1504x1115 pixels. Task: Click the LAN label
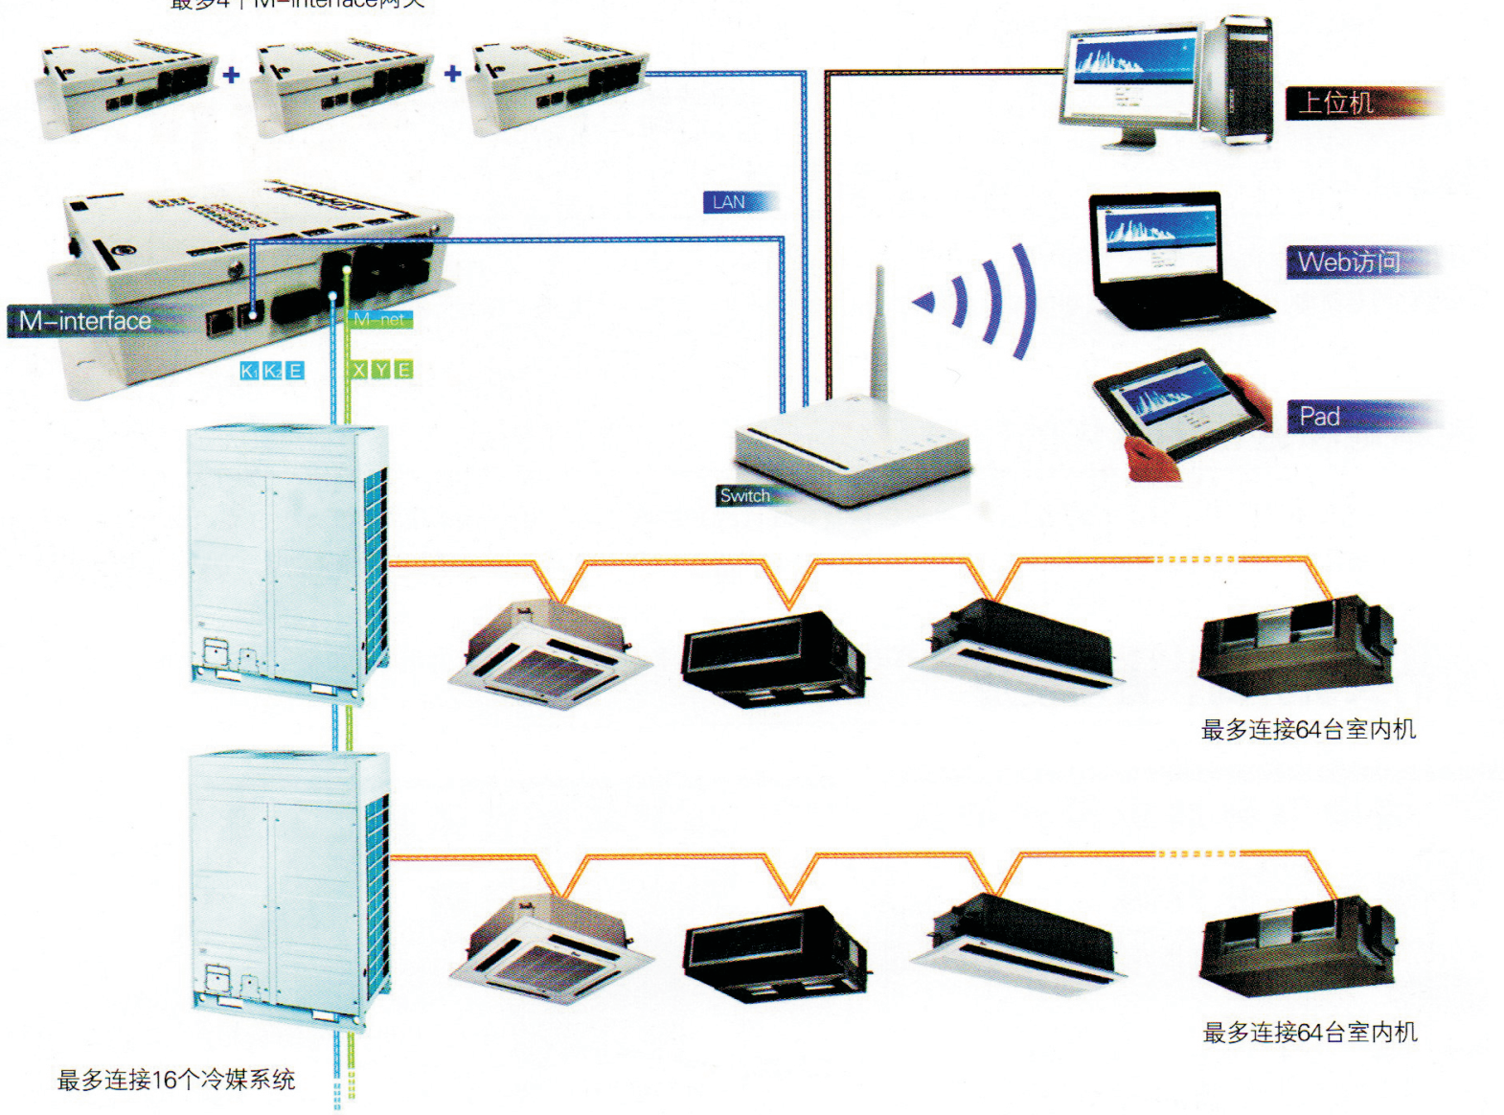(729, 202)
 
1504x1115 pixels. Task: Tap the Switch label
(745, 495)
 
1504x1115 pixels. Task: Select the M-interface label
(85, 321)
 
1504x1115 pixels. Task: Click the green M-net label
(381, 319)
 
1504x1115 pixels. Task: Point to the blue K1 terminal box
(249, 371)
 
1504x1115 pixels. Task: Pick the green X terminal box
(359, 371)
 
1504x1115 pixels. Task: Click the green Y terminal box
(381, 371)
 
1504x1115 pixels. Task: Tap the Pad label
(1319, 417)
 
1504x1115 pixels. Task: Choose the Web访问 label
(1348, 262)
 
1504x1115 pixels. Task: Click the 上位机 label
(1335, 102)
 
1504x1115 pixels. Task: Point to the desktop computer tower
(1239, 80)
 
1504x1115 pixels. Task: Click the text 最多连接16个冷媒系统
(176, 1081)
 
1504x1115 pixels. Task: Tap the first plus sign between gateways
(232, 75)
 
